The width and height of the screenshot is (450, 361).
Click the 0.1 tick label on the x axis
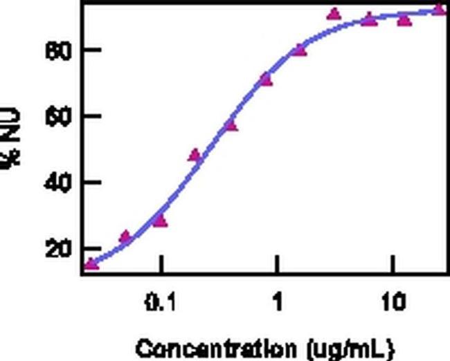[160, 303]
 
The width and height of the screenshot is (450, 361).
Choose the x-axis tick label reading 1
[277, 303]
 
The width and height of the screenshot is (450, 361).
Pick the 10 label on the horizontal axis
[393, 303]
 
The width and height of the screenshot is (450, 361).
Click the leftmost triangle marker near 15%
[91, 264]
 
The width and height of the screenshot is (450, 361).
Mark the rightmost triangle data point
[439, 10]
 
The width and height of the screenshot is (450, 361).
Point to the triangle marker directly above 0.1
[160, 221]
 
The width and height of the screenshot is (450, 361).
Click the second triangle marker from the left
[125, 237]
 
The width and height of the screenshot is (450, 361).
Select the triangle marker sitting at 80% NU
[299, 50]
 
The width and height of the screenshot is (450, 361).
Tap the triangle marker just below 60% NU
[231, 125]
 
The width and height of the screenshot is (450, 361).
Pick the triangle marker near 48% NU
[195, 155]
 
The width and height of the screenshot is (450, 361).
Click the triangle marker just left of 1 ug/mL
[265, 80]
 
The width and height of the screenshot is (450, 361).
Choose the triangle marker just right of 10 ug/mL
[404, 19]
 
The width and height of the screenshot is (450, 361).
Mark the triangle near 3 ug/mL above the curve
[334, 14]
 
